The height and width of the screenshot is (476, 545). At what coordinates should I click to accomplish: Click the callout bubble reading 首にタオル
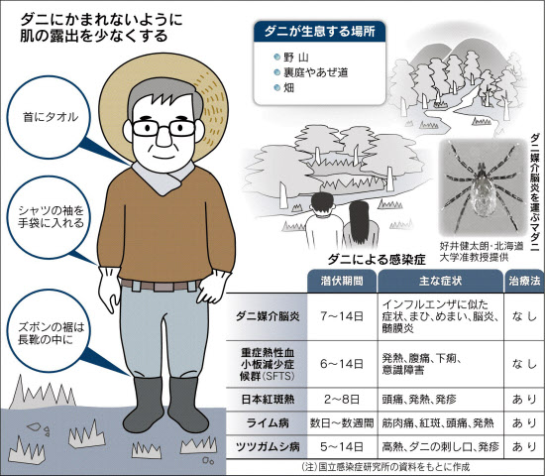pos(49,117)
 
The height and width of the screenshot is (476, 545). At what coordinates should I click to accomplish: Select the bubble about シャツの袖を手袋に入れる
pos(49,217)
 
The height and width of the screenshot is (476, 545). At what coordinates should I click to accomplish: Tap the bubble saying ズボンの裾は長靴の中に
pos(49,332)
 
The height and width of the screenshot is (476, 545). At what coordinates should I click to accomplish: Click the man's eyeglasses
pos(163,128)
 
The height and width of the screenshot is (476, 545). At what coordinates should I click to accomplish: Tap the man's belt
pos(161,286)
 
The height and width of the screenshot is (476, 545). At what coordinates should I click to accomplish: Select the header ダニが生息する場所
pos(320,32)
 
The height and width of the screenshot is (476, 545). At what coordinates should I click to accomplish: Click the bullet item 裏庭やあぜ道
pos(315,72)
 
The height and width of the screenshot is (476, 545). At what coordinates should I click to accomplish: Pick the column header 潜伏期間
pos(342,281)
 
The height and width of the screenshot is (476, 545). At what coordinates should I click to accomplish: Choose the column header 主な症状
pos(440,281)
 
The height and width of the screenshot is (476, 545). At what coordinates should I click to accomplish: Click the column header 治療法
pos(524,281)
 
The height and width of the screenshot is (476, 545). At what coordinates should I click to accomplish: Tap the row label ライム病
pos(268,423)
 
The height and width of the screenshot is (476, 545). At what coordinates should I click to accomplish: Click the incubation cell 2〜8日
pos(342,399)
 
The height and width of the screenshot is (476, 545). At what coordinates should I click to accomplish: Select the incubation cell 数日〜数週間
pos(342,423)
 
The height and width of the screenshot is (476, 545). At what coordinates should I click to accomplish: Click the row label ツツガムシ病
pos(268,446)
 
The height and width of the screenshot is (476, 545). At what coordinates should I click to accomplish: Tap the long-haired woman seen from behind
pos(361,224)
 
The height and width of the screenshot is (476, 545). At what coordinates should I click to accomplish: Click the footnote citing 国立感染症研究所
pos(385,467)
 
